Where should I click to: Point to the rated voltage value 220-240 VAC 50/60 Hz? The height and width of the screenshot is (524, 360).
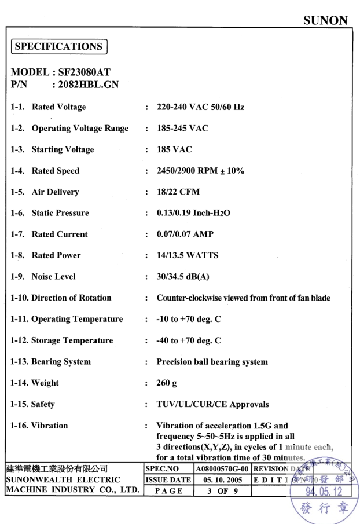(x=201, y=107)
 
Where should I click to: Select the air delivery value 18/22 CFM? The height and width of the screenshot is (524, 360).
(x=175, y=192)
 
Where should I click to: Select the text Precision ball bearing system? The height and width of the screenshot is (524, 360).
(x=212, y=362)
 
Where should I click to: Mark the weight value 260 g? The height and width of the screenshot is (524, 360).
(x=168, y=383)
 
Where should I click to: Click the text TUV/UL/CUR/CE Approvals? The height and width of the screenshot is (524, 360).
(x=213, y=404)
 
